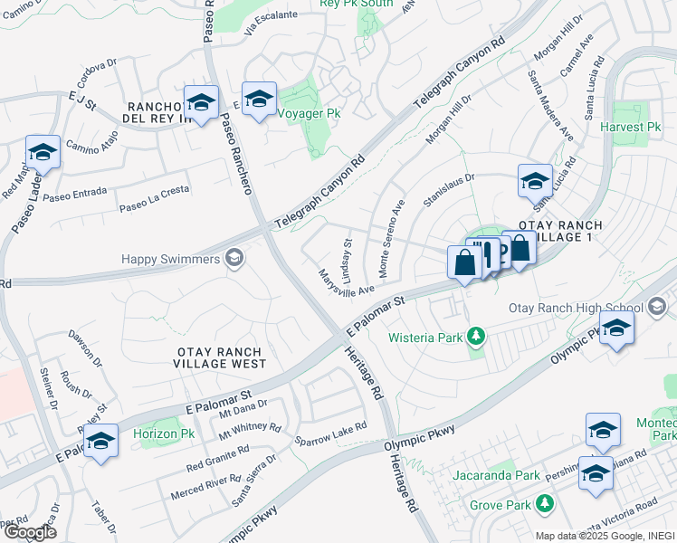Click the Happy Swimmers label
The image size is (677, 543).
(171, 260)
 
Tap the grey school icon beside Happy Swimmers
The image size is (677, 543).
(234, 260)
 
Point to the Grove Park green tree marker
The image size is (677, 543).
(545, 502)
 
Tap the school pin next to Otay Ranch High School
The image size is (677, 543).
(616, 328)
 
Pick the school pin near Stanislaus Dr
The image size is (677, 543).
(535, 181)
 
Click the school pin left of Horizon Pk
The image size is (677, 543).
(101, 441)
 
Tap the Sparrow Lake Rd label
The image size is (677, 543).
(330, 433)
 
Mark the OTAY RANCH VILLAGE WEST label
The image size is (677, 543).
(220, 357)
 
